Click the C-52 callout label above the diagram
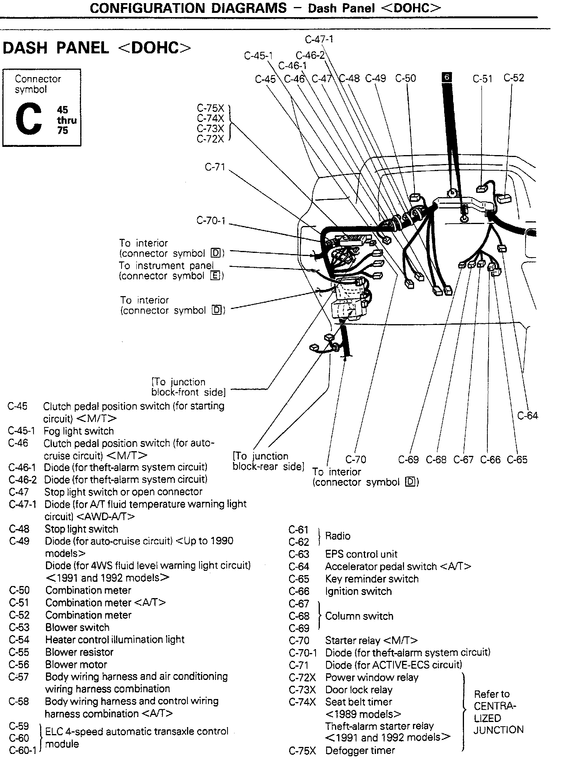click(x=513, y=78)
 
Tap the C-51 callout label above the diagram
click(x=483, y=79)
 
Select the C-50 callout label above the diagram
click(x=406, y=79)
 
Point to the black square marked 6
click(x=447, y=77)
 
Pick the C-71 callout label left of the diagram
click(x=215, y=167)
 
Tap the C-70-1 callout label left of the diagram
click(x=211, y=221)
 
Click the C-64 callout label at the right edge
click(x=527, y=416)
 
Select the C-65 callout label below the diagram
click(x=517, y=460)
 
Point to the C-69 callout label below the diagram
click(x=408, y=460)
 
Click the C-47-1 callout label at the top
click(x=319, y=39)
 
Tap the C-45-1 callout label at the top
click(x=258, y=56)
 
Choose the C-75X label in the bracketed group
click(x=210, y=108)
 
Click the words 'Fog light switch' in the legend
click(x=79, y=431)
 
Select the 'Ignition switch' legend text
click(x=358, y=591)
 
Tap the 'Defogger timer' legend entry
click(x=360, y=750)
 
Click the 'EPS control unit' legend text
click(x=361, y=554)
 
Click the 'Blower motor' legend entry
click(x=76, y=664)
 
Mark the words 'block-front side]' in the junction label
click(x=188, y=392)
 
